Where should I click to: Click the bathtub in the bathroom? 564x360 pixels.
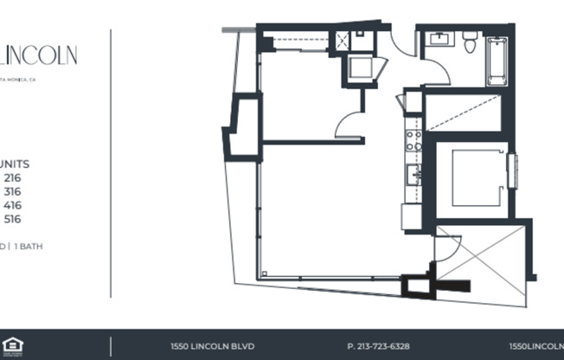click(x=497, y=61)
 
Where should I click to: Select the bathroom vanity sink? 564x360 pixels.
click(x=440, y=40)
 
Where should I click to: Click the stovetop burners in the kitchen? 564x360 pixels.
click(x=413, y=140)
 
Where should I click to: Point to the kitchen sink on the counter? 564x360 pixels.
click(x=413, y=175)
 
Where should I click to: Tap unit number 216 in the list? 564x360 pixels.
click(x=12, y=177)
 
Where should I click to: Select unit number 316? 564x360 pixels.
click(x=12, y=191)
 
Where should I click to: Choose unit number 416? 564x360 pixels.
click(x=12, y=205)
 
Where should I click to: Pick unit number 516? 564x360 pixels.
click(x=12, y=219)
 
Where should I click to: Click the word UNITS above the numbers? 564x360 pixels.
click(x=15, y=164)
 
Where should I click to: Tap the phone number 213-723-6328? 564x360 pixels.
click(x=378, y=345)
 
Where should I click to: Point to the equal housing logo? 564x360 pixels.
click(x=11, y=345)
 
